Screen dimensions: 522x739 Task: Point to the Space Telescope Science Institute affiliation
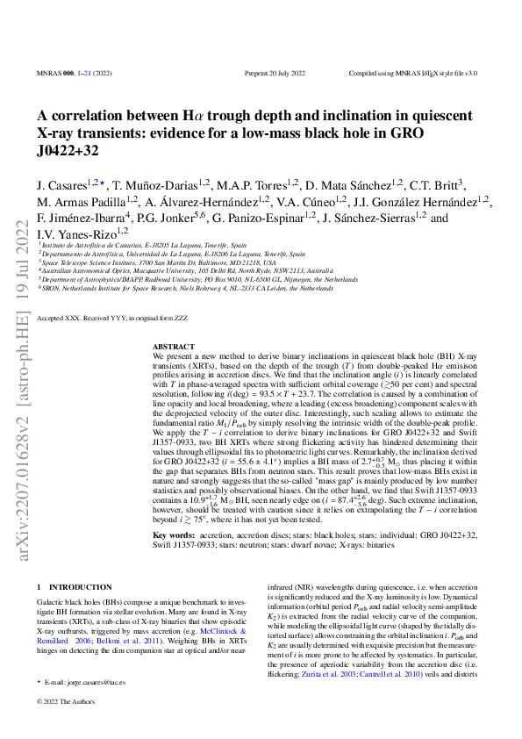pyautogui.click(x=158, y=262)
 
